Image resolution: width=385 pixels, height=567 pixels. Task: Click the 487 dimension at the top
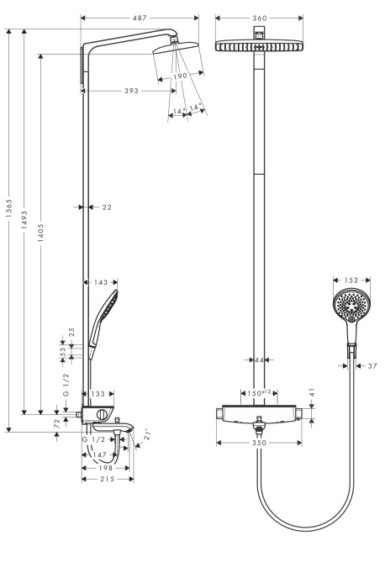(140, 18)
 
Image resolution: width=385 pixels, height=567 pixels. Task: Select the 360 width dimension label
(260, 18)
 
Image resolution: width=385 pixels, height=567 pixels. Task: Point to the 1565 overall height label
(9, 208)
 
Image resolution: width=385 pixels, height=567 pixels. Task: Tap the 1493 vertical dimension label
(24, 220)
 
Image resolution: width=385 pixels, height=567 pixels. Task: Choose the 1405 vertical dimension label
(40, 233)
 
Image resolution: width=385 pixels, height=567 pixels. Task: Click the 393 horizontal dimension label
(131, 91)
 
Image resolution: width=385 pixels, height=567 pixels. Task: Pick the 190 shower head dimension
(180, 76)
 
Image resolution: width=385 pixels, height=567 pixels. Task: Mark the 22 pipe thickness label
(107, 207)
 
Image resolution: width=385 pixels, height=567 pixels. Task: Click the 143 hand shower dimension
(101, 282)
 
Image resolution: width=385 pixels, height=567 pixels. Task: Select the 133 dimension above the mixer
(98, 394)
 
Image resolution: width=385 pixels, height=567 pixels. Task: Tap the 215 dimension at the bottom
(108, 479)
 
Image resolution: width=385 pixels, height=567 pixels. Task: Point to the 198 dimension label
(106, 468)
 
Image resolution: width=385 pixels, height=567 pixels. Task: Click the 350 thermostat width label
(259, 443)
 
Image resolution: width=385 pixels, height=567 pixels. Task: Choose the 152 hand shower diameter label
(351, 280)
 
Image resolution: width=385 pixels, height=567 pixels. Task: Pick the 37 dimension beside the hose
(372, 366)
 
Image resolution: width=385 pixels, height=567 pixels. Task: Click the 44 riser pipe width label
(259, 360)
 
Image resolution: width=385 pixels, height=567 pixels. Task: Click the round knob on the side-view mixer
(103, 415)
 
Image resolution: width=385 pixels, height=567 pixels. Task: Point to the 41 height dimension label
(312, 393)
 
